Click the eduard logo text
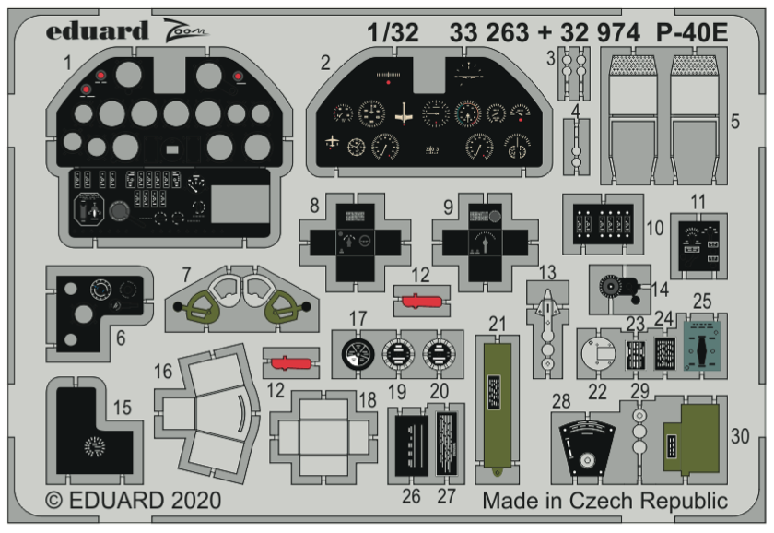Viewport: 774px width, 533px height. (97, 30)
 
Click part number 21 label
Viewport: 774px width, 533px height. (498, 324)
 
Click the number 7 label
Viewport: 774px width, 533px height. (186, 274)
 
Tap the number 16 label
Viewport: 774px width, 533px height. (163, 372)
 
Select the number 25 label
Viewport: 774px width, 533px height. (702, 301)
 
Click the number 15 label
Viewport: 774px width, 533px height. (122, 407)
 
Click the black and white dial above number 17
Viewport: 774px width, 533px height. (355, 354)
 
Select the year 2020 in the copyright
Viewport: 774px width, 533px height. (192, 502)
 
